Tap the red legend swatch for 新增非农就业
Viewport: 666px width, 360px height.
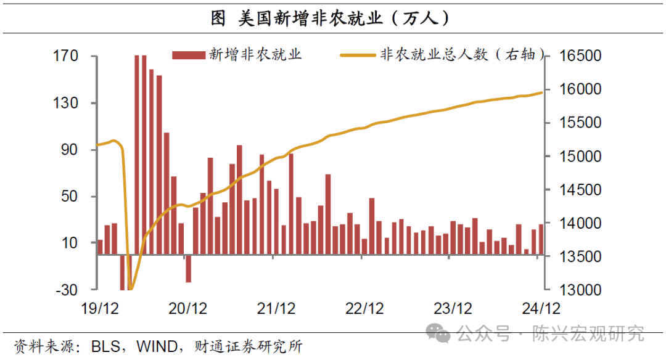(189, 55)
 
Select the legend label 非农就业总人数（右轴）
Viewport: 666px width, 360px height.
(463, 55)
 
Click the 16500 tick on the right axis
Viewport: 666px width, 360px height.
(580, 57)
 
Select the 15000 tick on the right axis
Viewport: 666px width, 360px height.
(580, 157)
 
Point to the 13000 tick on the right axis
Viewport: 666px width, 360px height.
(580, 290)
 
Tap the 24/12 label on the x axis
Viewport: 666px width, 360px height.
(541, 308)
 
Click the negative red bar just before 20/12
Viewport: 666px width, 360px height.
(188, 269)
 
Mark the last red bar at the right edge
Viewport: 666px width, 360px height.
(541, 239)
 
